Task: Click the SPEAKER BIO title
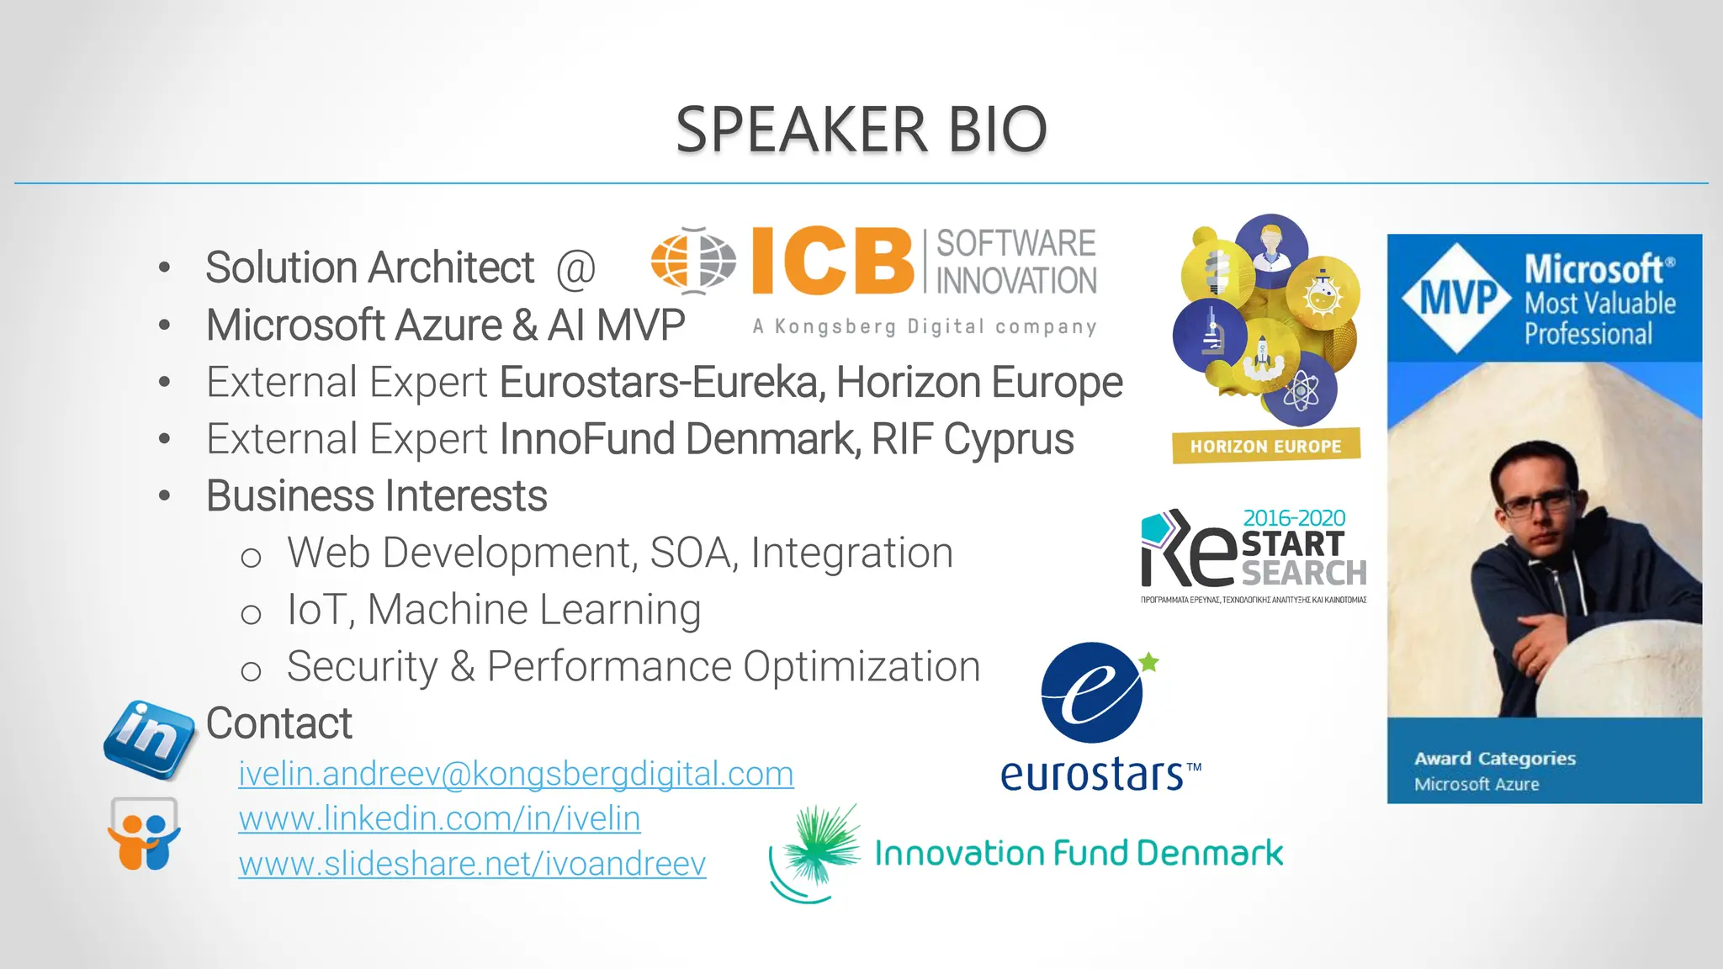pyautogui.click(x=861, y=130)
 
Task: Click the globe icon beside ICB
pyautogui.click(x=693, y=261)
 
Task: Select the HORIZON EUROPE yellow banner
pyautogui.click(x=1265, y=446)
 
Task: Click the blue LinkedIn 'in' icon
pyautogui.click(x=149, y=739)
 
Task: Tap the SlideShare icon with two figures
pyautogui.click(x=144, y=834)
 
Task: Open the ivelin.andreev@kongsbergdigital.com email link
pyautogui.click(x=516, y=774)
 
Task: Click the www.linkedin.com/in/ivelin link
pyautogui.click(x=439, y=818)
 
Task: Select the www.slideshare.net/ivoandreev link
pyautogui.click(x=472, y=864)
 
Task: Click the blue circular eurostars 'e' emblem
pyautogui.click(x=1092, y=693)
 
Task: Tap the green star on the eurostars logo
pyautogui.click(x=1149, y=663)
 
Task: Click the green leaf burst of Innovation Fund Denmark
pyautogui.click(x=820, y=845)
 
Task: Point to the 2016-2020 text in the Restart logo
pyautogui.click(x=1294, y=518)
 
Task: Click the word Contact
pyautogui.click(x=278, y=723)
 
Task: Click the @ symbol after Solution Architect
pyautogui.click(x=575, y=269)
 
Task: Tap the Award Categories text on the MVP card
pyautogui.click(x=1495, y=759)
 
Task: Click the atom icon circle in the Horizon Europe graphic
pyautogui.click(x=1302, y=391)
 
